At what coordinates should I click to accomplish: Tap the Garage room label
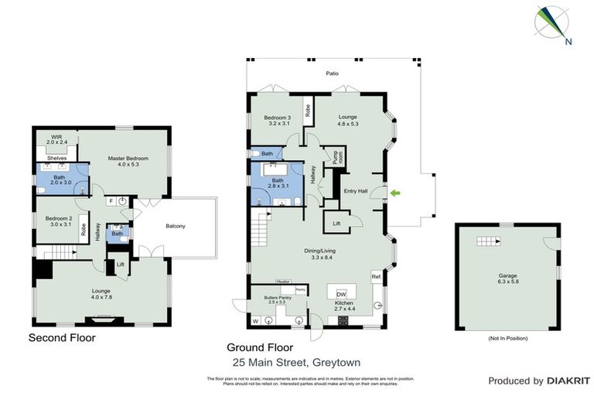[x=507, y=276]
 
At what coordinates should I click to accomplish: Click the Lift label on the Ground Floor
[x=336, y=223]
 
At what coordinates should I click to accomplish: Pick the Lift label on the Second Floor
[x=121, y=265]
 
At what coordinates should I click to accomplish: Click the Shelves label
[x=56, y=159]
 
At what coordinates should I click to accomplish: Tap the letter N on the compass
[x=568, y=43]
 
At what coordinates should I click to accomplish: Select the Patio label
[x=332, y=73]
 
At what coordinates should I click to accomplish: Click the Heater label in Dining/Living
[x=283, y=282]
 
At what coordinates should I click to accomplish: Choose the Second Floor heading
[x=61, y=337]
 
